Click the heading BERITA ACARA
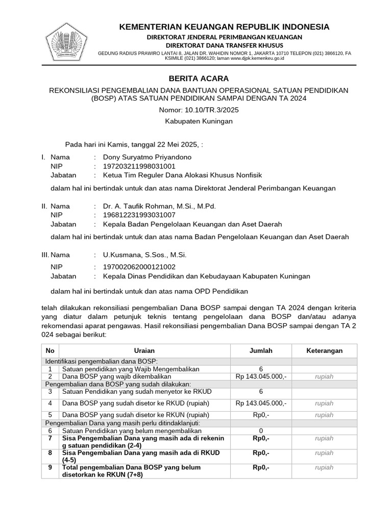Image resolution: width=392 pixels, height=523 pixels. [199, 78]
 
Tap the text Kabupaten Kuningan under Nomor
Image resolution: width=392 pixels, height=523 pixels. [199, 121]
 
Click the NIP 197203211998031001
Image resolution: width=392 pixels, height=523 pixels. [139, 166]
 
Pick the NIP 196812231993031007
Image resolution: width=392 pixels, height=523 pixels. [139, 215]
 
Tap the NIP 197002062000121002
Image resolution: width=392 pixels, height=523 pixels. [139, 267]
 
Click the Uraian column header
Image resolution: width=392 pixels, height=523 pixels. [144, 351]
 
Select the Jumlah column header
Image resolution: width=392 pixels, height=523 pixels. [261, 351]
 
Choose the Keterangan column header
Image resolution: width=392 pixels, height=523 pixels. [324, 351]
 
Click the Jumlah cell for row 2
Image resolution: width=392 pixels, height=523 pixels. [261, 376]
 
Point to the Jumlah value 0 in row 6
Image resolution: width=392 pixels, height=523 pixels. [261, 431]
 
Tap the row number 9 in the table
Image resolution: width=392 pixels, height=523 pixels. [50, 467]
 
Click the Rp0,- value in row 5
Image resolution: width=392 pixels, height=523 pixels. [261, 415]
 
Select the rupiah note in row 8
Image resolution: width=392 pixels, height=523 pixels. [324, 453]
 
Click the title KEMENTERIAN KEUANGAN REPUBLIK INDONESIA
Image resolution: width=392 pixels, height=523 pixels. [224, 27]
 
